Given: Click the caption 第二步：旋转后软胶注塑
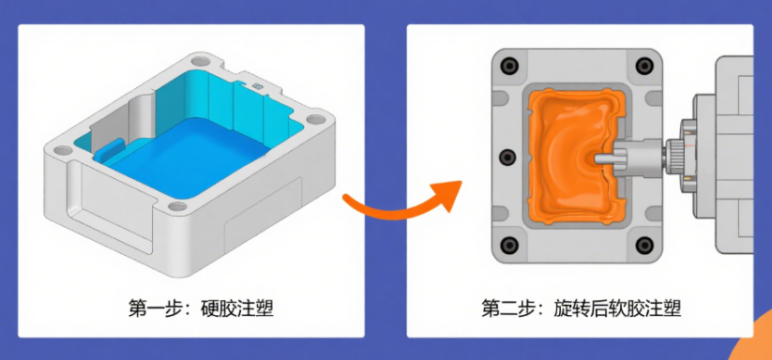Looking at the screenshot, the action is tap(581, 308).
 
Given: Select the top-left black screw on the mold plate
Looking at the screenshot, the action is tap(508, 66).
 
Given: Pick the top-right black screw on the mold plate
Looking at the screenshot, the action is tap(644, 66).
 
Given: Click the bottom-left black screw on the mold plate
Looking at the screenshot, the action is tap(508, 245).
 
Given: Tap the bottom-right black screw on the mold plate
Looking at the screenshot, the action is tap(644, 245).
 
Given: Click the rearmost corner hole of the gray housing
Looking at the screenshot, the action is tap(200, 62).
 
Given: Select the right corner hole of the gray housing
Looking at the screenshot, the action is tap(314, 119).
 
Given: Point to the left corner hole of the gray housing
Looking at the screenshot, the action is tap(63, 150).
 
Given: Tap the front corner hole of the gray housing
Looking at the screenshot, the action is tap(177, 206).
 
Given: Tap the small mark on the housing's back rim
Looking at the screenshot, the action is tap(257, 86).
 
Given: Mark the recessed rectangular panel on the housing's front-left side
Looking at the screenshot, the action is tap(111, 202).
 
